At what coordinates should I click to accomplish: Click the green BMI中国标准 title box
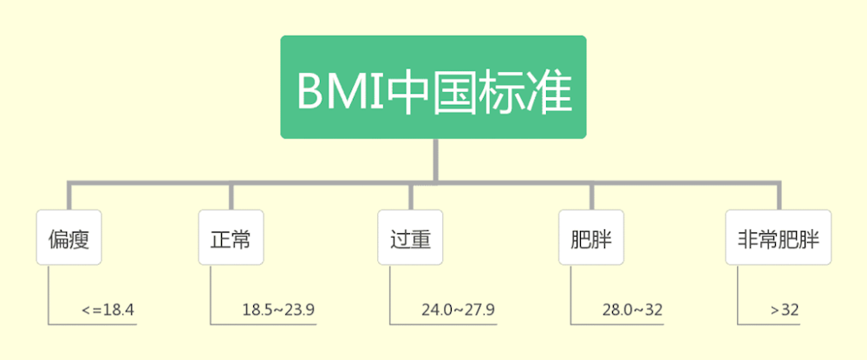pos(433,87)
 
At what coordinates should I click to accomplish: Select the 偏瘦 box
pos(69,238)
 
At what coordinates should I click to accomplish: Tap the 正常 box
pos(231,238)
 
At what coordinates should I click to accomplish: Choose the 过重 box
pos(410,238)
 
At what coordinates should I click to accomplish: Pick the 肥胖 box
pos(591,238)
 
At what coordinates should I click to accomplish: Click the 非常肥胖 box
pos(778,238)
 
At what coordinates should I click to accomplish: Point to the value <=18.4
pos(108,309)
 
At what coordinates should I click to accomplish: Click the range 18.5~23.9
pos(278,309)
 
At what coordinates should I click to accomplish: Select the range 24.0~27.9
pos(458,309)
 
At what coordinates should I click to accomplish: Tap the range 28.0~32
pos(632,309)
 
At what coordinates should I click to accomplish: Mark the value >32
pos(784,309)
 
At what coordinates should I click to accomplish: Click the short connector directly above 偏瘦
pos(69,196)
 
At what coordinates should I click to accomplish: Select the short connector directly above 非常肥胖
pos(779,196)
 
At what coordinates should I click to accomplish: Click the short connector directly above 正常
pos(231,196)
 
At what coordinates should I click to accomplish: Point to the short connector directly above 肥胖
pos(591,196)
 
